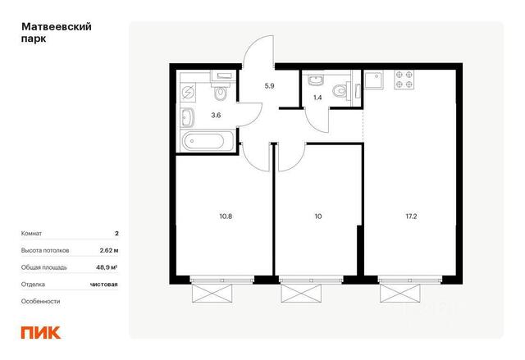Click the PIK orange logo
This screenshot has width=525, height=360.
click(41, 333)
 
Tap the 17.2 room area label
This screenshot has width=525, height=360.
click(411, 216)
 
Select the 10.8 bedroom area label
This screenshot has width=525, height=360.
click(226, 216)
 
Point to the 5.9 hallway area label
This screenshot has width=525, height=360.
click(270, 86)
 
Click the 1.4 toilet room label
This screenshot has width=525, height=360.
click(317, 98)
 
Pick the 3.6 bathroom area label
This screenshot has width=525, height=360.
click(216, 116)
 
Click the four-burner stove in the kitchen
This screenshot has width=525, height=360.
click(404, 80)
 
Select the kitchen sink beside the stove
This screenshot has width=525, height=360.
click(374, 80)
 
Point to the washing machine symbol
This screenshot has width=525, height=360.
click(188, 92)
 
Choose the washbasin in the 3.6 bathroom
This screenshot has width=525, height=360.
click(188, 118)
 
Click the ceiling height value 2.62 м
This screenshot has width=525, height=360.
click(109, 250)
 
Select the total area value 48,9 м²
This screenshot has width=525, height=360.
click(107, 267)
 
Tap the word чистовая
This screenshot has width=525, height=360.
click(104, 285)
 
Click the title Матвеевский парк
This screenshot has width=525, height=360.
click(57, 33)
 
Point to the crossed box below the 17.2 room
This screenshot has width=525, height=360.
click(400, 293)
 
